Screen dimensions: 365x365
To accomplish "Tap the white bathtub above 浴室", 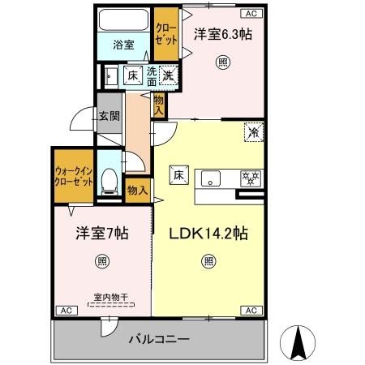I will point(123,19).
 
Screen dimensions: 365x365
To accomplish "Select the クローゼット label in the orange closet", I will point(166,35).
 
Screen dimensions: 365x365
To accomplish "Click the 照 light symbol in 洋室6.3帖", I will point(222,62).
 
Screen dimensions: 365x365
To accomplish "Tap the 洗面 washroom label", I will point(151,75).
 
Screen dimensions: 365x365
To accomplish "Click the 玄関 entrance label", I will point(109,116).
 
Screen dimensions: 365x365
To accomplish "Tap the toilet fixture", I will point(108,181).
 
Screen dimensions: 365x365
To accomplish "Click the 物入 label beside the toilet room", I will point(138,190).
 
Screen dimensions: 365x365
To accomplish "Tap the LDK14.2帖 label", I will point(208,234).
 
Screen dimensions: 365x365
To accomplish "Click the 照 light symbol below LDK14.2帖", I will point(209,261).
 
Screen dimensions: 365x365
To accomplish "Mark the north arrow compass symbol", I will point(297,343).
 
